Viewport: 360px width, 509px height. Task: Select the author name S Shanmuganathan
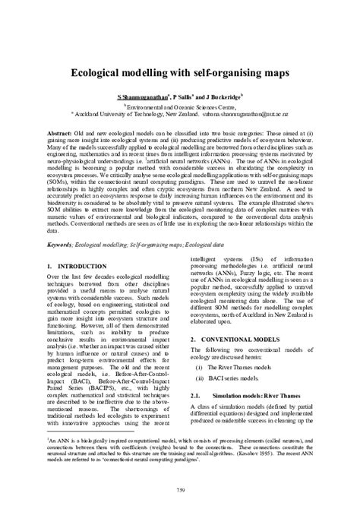(x=141, y=98)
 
